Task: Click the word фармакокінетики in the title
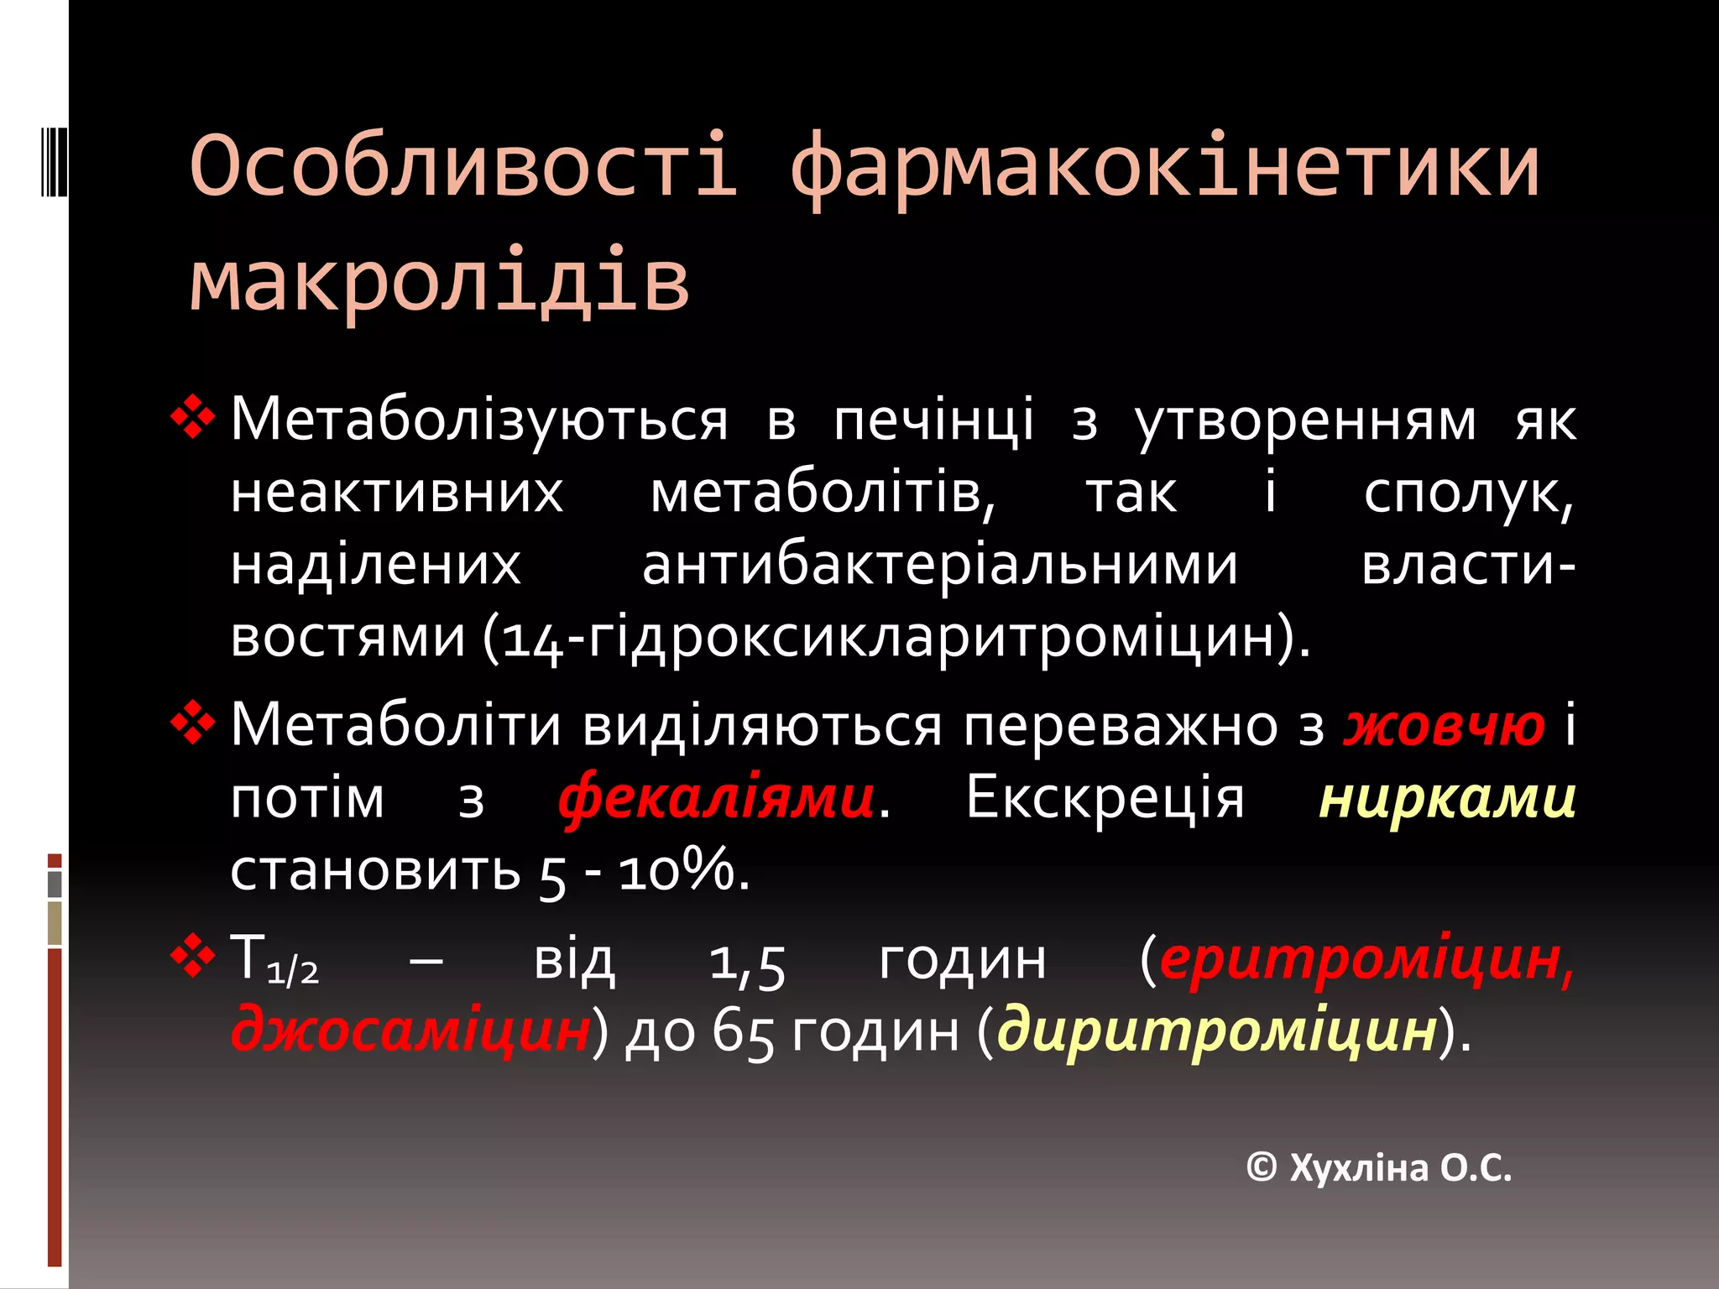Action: click(1164, 168)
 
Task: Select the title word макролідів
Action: click(439, 279)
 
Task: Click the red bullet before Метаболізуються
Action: click(193, 417)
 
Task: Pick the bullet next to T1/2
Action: click(193, 957)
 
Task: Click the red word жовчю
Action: click(1444, 725)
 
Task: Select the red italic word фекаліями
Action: click(717, 797)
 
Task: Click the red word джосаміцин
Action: click(410, 1031)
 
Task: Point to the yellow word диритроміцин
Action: click(1217, 1031)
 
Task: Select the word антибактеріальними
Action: click(940, 566)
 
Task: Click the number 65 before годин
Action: click(742, 1032)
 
